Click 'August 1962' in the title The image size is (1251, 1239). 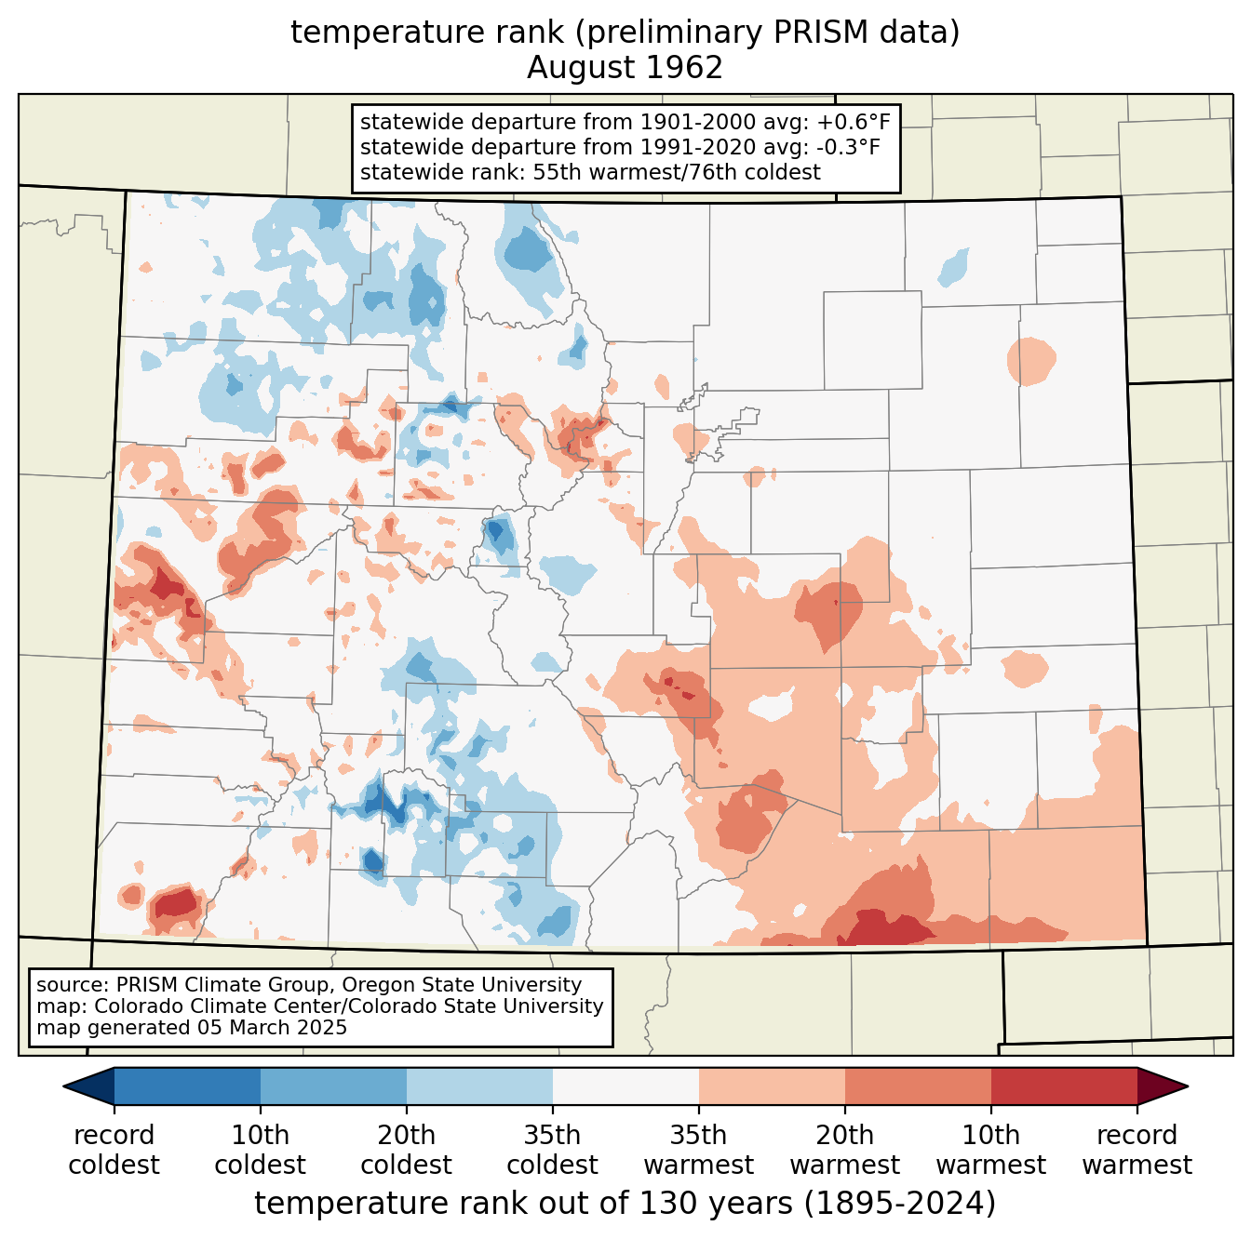point(625,68)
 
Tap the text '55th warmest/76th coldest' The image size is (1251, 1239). point(677,172)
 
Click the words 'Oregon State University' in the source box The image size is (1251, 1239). point(462,984)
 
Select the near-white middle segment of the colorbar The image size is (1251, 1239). point(625,1086)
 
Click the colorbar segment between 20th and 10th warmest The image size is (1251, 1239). point(918,1086)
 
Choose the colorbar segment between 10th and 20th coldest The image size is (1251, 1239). point(333,1086)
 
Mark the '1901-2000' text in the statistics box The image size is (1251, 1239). point(698,122)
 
